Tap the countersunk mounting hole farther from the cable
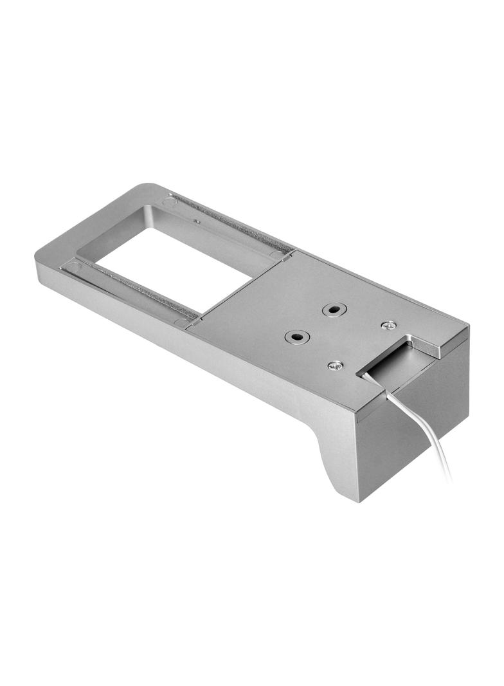tap(332, 310)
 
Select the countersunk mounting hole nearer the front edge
tap(296, 336)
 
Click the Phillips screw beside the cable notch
tap(335, 366)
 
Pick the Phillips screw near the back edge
tap(388, 326)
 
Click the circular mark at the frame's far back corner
tap(170, 201)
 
